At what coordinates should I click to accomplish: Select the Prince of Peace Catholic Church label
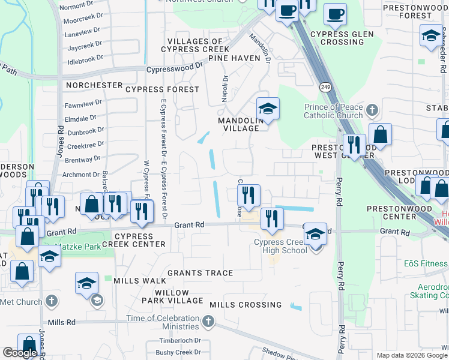point(333,112)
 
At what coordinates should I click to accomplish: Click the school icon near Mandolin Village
point(268,109)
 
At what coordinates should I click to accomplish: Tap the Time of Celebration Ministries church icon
point(208,322)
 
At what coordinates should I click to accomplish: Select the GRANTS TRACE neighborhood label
point(200,273)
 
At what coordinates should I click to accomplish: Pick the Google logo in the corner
point(20,353)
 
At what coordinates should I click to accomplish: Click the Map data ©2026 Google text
point(412,355)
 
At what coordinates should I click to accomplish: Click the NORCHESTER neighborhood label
point(94,85)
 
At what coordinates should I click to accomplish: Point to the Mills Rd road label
point(62,322)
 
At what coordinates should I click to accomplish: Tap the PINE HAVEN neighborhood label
point(234,58)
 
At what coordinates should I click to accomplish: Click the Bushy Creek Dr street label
point(178,352)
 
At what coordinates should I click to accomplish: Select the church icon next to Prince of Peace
point(372,110)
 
